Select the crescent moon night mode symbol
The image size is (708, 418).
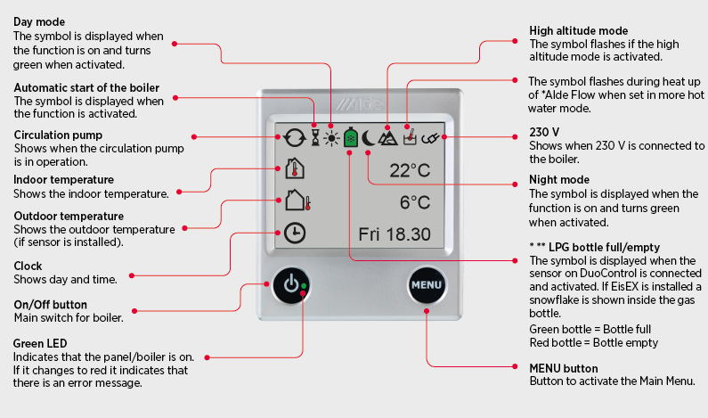(x=369, y=138)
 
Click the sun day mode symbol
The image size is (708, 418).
(x=331, y=138)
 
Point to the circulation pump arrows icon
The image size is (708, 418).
(x=294, y=138)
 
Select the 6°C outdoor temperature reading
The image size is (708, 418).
(x=415, y=202)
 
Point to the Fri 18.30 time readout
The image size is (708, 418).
(x=395, y=234)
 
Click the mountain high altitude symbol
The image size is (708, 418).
(x=387, y=137)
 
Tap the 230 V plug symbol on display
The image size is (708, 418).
(x=433, y=137)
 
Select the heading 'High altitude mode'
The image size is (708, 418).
(x=578, y=31)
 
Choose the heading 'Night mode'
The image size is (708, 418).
(x=558, y=180)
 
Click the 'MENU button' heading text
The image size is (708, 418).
(x=564, y=368)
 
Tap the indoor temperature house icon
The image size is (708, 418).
(x=295, y=168)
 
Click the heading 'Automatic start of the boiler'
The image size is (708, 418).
(x=86, y=87)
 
